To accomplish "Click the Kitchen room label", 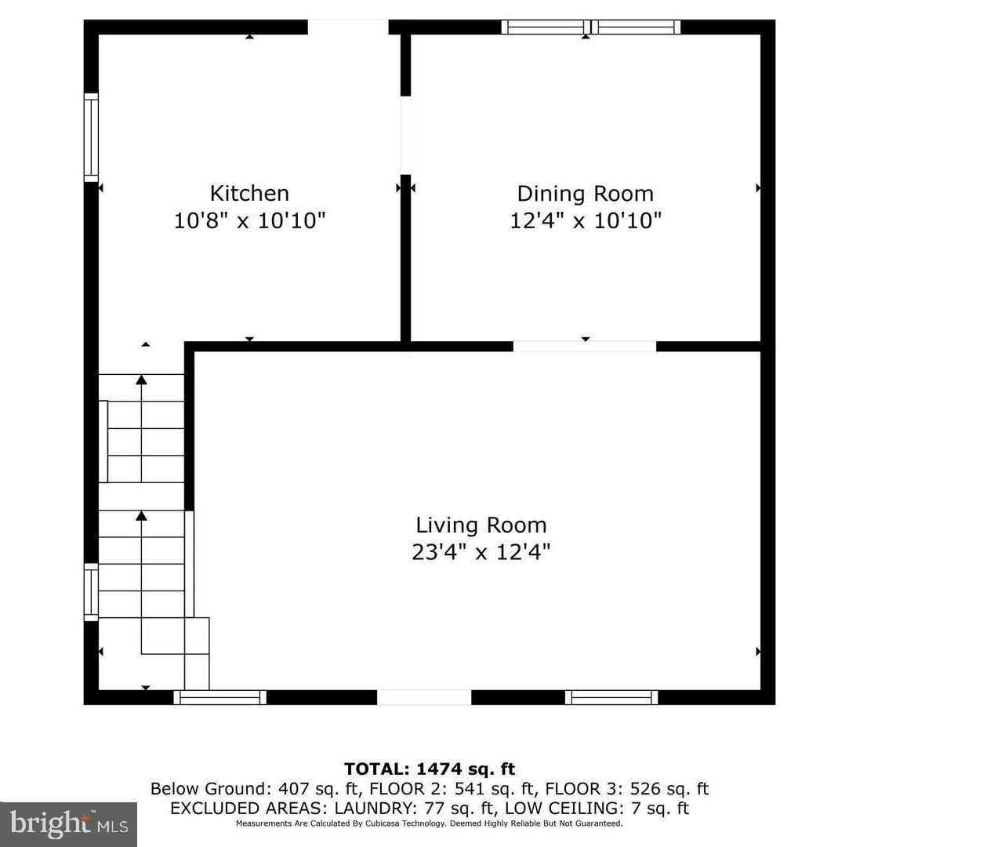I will click(x=249, y=193).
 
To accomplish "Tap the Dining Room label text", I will click(x=585, y=193).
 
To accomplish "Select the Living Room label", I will click(x=481, y=525).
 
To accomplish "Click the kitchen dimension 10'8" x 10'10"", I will click(x=249, y=220).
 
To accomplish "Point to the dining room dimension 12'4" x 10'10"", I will click(x=585, y=220).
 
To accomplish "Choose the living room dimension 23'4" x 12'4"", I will click(x=481, y=552).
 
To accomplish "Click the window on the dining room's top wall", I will click(x=590, y=27).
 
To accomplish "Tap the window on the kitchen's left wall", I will click(x=92, y=137).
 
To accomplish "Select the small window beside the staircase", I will click(x=92, y=592).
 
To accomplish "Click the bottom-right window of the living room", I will click(x=611, y=697).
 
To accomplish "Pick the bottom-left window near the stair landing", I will click(x=219, y=697).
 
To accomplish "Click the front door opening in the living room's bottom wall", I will click(x=424, y=697).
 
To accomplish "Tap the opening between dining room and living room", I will click(x=584, y=346).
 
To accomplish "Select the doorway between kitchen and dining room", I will click(x=406, y=134).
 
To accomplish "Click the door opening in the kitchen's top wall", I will click(x=347, y=27).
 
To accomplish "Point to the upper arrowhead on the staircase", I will click(x=141, y=380).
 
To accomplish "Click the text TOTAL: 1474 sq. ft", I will click(x=430, y=769).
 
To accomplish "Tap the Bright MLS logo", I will click(x=69, y=823).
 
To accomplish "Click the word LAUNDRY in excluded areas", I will click(x=376, y=809).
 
